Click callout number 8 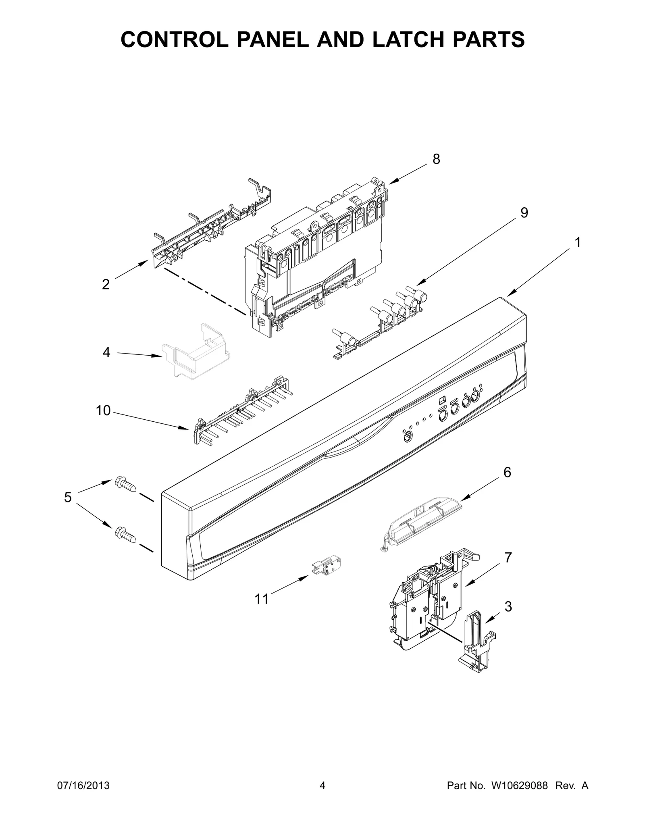tap(436, 159)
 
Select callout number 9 tap(524, 212)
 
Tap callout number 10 tap(103, 410)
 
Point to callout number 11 tap(262, 610)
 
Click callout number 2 tap(106, 285)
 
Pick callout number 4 tap(106, 352)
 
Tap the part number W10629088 tap(519, 797)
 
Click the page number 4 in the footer tap(322, 797)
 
